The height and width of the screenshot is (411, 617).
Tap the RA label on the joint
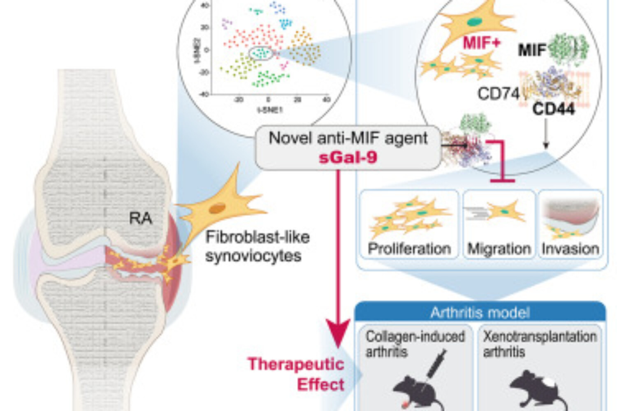140,218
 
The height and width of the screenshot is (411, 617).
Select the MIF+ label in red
482,43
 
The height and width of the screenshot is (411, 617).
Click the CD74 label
498,94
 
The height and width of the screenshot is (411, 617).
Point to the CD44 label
553,109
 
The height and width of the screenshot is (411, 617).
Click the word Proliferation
409,249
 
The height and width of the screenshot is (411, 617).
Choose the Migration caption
499,249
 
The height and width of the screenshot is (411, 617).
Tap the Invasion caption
570,249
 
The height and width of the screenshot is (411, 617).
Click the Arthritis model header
480,313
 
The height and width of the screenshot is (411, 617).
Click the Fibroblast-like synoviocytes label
257,247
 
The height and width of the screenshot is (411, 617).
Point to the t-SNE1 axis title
269,110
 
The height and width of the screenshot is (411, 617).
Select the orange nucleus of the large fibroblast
217,208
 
